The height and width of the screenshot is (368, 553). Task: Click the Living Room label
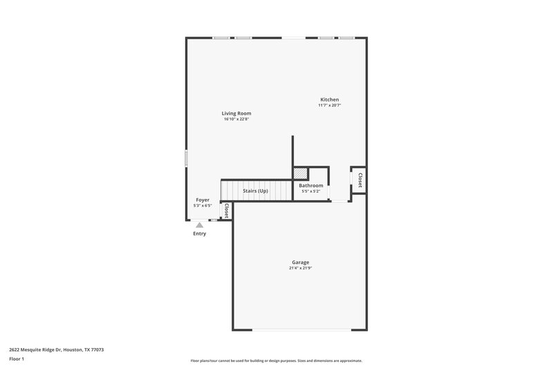(236, 113)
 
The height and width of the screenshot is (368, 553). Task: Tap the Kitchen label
(330, 99)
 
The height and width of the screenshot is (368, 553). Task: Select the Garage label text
(300, 262)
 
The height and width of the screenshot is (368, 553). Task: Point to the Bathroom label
(311, 185)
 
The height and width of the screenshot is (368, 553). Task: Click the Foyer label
(203, 200)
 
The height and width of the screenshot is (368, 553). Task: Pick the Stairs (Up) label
(255, 191)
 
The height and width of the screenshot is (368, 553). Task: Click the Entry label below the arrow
(199, 233)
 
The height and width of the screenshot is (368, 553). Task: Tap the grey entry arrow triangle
(199, 224)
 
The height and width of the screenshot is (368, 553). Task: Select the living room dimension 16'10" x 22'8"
(236, 119)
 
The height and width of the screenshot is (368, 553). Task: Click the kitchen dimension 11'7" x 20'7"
(330, 106)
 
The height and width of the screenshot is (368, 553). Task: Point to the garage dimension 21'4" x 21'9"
(300, 269)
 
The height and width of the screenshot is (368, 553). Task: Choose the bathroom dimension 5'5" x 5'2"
(311, 191)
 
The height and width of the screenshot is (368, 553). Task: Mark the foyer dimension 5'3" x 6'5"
(203, 206)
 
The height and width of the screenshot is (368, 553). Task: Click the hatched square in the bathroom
(301, 174)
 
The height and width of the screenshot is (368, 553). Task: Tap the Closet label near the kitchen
(359, 180)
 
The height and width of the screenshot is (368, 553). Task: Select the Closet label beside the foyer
(225, 211)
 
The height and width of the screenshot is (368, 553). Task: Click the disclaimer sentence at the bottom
(276, 360)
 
